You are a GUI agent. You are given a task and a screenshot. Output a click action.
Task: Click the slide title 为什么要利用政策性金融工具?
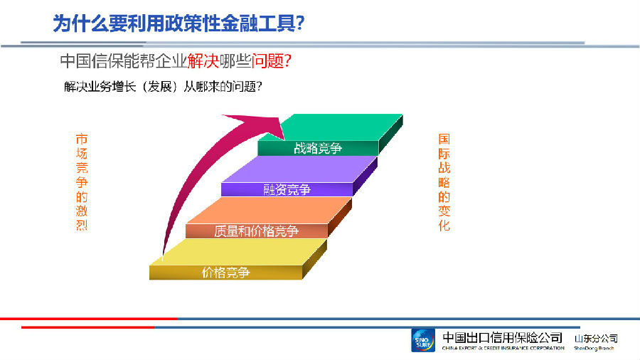178,23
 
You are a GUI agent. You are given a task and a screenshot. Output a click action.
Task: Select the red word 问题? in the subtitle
271,61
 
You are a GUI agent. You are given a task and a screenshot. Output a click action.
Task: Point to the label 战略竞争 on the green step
318,148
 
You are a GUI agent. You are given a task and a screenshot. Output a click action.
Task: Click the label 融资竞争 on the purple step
287,190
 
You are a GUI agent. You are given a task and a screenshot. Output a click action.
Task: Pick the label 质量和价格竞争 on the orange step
256,231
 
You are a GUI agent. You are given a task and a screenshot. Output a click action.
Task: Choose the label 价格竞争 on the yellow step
225,272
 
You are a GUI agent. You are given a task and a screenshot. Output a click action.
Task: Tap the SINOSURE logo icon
423,340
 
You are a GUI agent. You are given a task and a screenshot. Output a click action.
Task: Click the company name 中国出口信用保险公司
503,337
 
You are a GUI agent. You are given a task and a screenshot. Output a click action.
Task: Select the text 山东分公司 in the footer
596,339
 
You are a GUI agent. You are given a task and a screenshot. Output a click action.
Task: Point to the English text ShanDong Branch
594,348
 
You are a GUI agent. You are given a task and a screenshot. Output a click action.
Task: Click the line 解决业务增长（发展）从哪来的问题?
163,87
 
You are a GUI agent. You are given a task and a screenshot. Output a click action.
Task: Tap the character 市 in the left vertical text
82,139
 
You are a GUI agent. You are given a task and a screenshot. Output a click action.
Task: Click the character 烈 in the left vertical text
82,225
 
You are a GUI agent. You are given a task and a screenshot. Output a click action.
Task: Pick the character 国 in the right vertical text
444,139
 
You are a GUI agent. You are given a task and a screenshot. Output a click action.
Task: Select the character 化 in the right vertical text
444,225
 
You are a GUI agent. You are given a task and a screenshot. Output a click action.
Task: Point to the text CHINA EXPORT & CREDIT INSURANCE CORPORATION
503,348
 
